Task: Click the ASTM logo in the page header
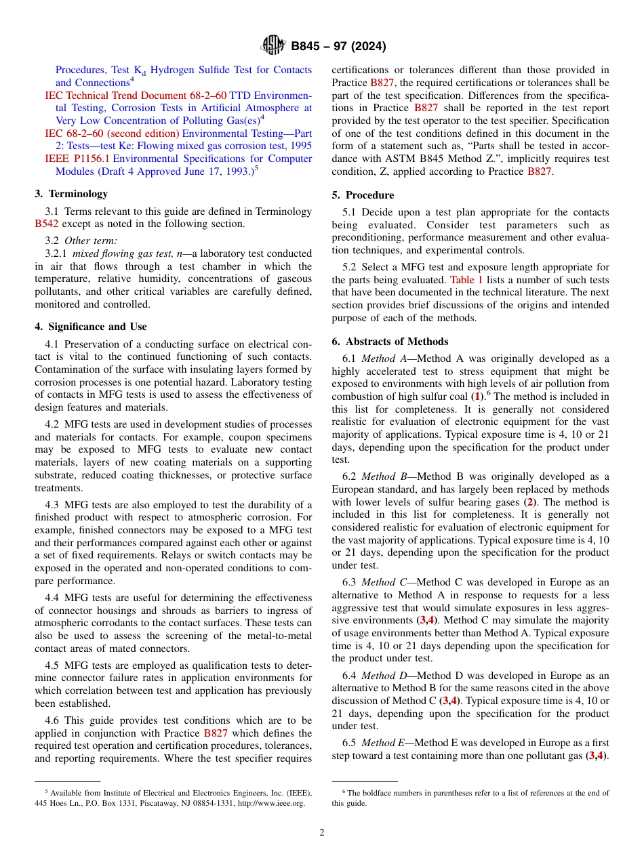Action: coord(273,46)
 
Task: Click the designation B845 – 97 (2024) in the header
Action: coord(338,47)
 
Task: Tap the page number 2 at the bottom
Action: coord(322,833)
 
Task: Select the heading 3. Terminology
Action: coord(71,194)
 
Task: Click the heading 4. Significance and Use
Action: coord(90,327)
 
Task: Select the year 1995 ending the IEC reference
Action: coord(299,146)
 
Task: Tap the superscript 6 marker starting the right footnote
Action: coord(344,792)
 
